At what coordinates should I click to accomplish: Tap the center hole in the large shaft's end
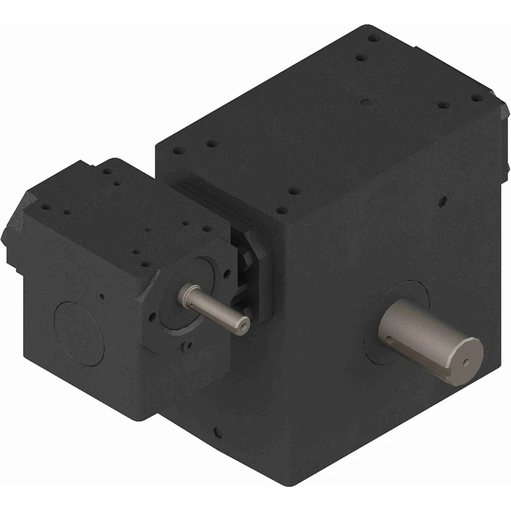(x=466, y=362)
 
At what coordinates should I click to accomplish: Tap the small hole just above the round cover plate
(x=103, y=295)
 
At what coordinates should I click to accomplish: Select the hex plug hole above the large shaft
(x=443, y=200)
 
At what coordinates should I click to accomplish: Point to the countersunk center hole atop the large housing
(x=364, y=103)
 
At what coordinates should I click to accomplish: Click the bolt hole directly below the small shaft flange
(x=189, y=345)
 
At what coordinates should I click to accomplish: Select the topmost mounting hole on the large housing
(x=374, y=38)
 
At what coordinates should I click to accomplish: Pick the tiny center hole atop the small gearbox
(x=148, y=230)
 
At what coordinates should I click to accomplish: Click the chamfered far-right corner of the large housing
(x=503, y=110)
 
